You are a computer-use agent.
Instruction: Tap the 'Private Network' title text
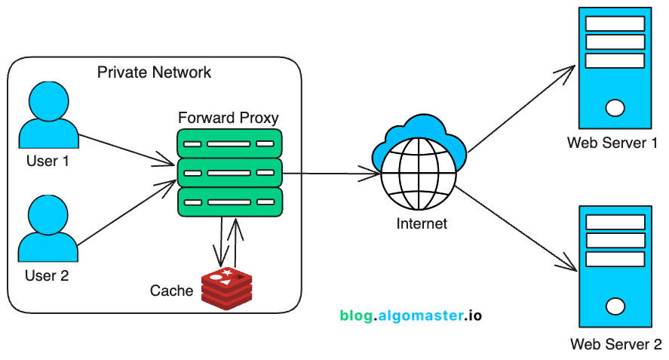click(155, 72)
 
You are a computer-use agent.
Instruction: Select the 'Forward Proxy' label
click(228, 118)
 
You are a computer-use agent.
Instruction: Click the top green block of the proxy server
click(229, 143)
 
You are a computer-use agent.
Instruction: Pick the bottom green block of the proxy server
click(229, 202)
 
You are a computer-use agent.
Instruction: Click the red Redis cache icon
click(226, 287)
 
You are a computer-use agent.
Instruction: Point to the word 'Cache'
click(172, 291)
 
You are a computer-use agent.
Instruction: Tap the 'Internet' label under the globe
click(422, 223)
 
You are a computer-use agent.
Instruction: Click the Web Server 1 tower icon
click(615, 67)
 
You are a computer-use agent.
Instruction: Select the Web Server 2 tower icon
click(615, 266)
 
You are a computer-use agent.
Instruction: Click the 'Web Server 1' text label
click(612, 143)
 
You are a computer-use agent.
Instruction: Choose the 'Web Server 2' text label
click(615, 345)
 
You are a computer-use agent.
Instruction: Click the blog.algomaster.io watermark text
click(410, 315)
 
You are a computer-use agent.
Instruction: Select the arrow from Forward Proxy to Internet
click(332, 174)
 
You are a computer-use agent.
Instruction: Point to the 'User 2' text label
click(47, 275)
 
